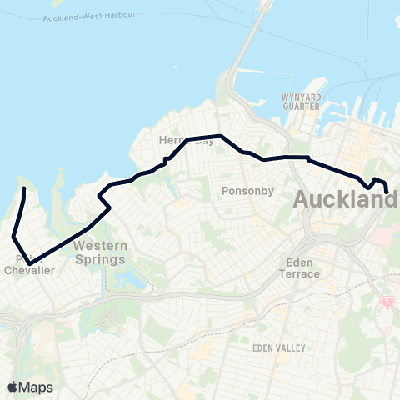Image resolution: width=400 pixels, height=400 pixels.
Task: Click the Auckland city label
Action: coord(345,201)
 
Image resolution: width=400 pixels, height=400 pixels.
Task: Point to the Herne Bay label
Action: coord(187,142)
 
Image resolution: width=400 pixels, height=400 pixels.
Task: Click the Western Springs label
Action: coord(100,252)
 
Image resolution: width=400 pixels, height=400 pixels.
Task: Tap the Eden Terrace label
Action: coord(297,267)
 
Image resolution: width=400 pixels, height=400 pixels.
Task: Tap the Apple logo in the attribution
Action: coord(13,387)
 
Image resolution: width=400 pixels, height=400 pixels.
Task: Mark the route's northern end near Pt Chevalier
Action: coord(23,190)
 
